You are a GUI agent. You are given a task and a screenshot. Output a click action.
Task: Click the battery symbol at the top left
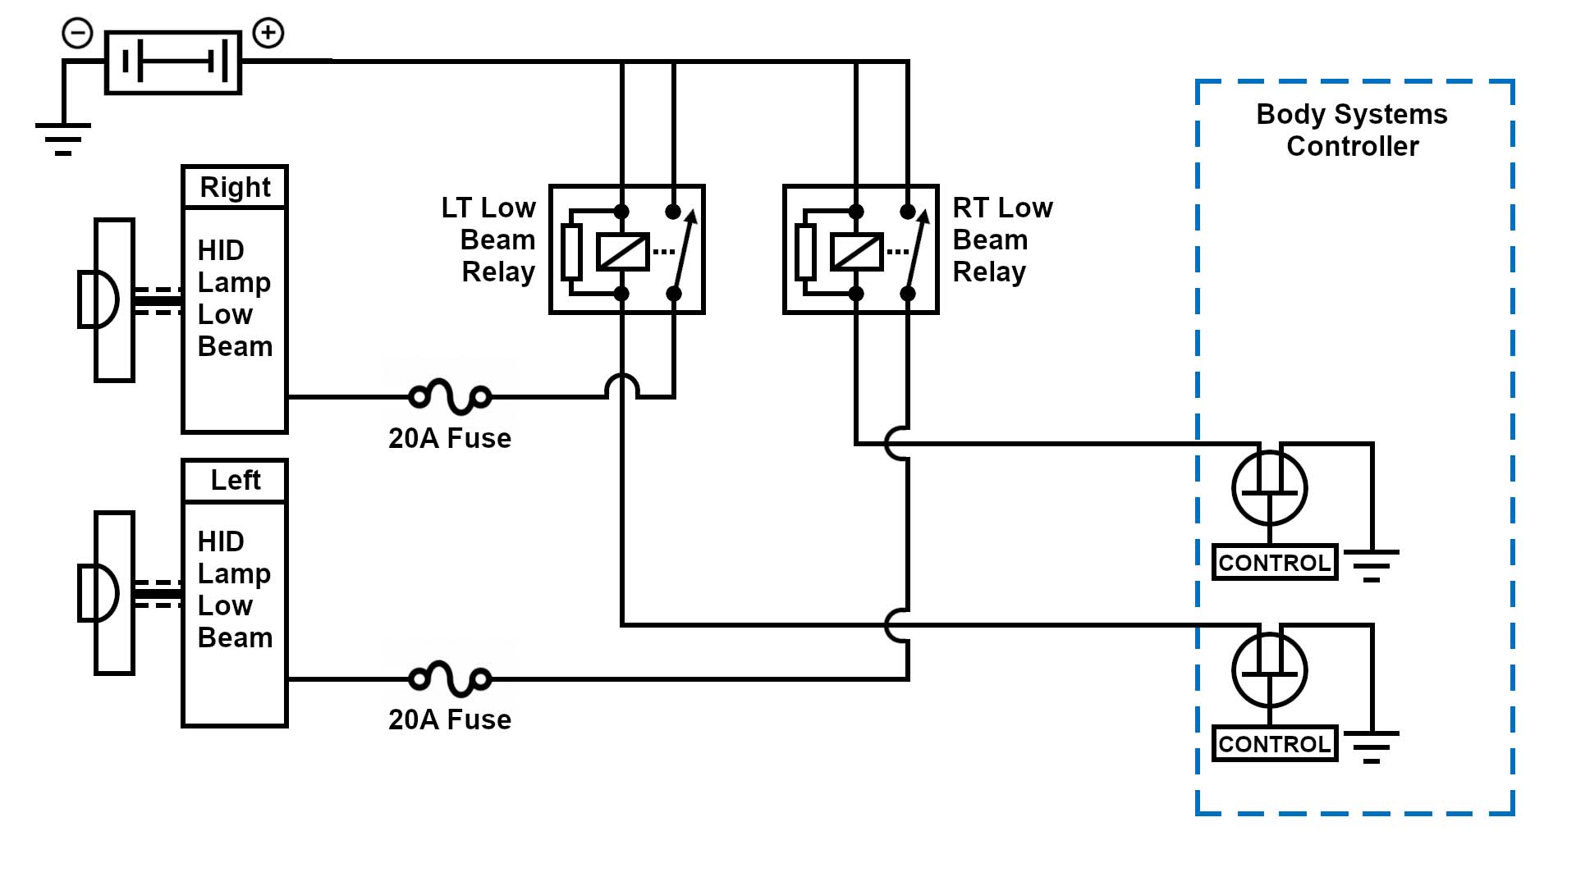(173, 62)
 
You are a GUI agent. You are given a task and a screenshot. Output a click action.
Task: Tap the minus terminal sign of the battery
(78, 34)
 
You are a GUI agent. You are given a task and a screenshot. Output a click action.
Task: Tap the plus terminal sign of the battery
(268, 34)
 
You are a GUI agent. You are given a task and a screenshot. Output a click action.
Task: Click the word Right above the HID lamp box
(235, 187)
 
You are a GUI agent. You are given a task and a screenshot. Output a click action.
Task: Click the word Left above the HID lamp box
(235, 480)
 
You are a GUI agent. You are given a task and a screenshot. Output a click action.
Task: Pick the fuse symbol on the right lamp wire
(450, 397)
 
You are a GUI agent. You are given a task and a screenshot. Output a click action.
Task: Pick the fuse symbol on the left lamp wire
(450, 678)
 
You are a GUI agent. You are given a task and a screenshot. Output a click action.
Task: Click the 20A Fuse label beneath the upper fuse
(450, 438)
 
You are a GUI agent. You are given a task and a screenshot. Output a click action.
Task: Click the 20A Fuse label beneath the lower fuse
(450, 719)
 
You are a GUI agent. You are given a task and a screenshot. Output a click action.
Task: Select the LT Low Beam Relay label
(489, 240)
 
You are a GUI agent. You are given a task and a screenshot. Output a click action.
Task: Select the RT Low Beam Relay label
(1001, 240)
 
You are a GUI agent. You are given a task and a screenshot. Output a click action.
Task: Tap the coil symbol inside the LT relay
(623, 252)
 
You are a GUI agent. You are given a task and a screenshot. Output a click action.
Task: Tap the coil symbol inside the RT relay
(857, 252)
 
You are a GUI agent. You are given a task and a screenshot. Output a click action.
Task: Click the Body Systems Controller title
(1352, 130)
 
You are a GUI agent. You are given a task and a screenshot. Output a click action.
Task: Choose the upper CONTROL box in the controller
(1275, 563)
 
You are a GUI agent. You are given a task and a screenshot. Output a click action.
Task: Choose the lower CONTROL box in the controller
(1275, 744)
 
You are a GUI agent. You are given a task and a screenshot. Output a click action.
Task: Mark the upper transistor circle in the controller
(1270, 489)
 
